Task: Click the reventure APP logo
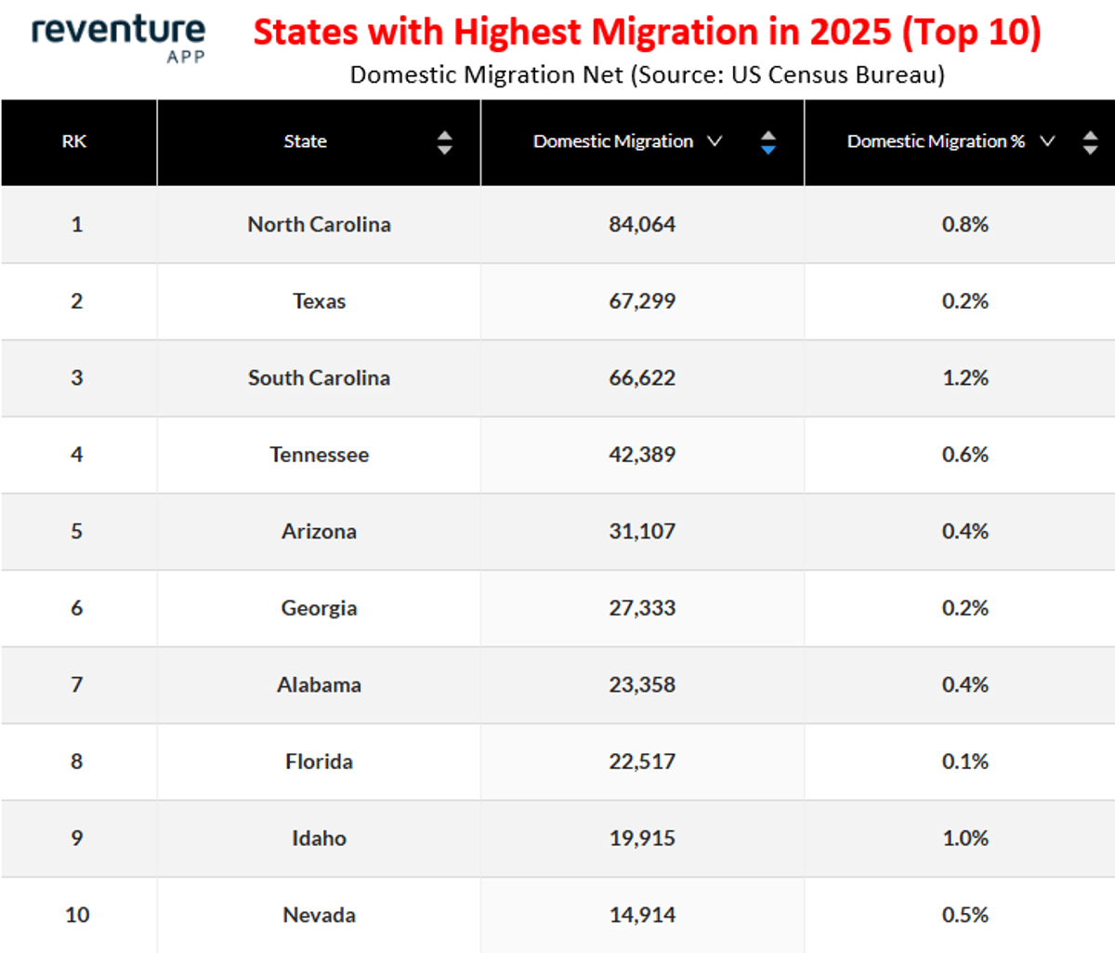(118, 37)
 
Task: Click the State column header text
(305, 141)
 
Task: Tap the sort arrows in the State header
(444, 142)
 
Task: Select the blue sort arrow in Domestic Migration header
(767, 149)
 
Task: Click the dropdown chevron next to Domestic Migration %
(1047, 141)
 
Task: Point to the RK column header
(74, 141)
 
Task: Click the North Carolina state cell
(319, 224)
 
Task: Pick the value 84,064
(642, 224)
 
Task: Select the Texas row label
(319, 301)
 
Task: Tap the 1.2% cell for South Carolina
(964, 377)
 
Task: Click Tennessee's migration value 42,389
(642, 455)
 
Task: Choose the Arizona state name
(319, 531)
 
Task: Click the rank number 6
(76, 608)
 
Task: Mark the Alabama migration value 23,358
(642, 684)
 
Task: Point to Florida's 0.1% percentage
(964, 761)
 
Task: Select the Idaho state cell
(319, 838)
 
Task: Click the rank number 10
(77, 915)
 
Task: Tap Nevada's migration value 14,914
(642, 915)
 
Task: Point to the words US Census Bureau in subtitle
(836, 74)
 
